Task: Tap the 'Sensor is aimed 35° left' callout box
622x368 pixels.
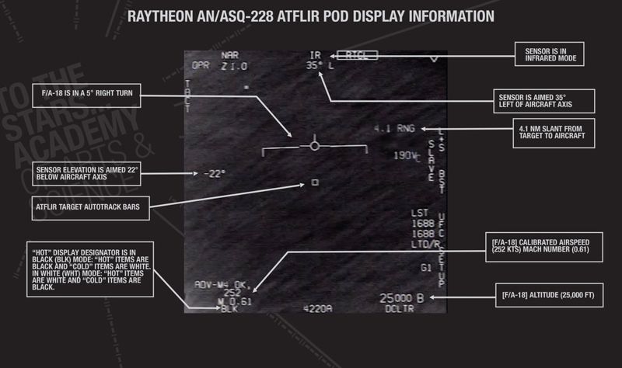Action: coord(545,100)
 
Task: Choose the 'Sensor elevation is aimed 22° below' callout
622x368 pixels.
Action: coord(87,172)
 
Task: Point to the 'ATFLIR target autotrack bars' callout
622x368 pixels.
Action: coord(92,207)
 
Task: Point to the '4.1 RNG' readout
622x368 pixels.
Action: coord(393,128)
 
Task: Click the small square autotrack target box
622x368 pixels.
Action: coord(314,182)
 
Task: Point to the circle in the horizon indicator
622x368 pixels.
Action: coord(314,145)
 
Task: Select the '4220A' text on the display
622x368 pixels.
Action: coord(316,308)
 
